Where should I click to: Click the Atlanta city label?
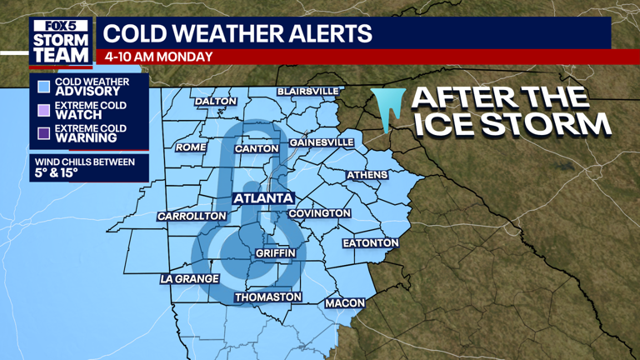coord(263,198)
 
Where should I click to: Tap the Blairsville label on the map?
coord(308,90)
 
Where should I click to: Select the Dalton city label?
coord(216,102)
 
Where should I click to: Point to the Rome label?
coord(190,147)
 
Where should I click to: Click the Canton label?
coord(257,148)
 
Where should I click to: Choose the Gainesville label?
coord(321,142)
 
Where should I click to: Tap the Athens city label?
coord(367,174)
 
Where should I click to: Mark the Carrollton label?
coord(192,216)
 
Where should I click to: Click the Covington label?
coord(319,213)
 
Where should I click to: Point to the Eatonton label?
coord(370,243)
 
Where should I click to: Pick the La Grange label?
coord(189,278)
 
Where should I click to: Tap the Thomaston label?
coord(267,297)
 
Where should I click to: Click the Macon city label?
coord(345,302)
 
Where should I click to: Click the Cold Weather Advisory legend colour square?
coord(43,86)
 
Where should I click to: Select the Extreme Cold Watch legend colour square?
coord(43,109)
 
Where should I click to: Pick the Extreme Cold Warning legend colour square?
coord(43,132)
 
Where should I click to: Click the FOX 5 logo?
coord(59,26)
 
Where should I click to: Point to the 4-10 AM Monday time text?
coord(158,57)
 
